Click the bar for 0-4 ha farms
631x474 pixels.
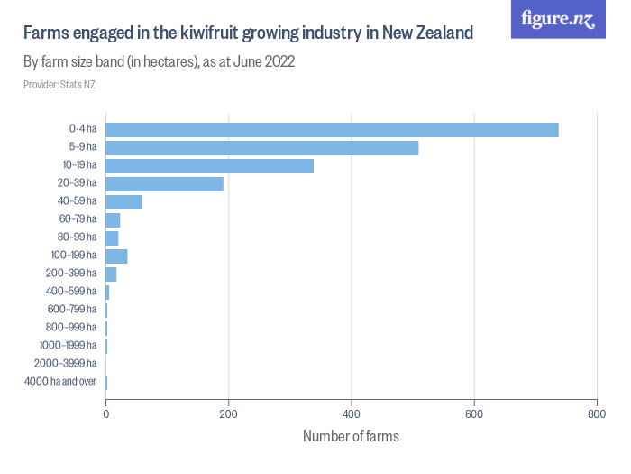(332, 130)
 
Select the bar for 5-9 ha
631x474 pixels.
(262, 148)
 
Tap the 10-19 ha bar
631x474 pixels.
(209, 166)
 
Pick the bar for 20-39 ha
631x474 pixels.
(164, 184)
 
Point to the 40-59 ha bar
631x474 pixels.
(124, 202)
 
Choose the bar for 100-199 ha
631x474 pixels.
(116, 256)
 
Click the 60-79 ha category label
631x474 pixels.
(78, 219)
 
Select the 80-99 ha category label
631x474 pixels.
(78, 237)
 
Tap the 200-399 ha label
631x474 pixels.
(72, 274)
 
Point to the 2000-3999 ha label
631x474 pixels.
(65, 364)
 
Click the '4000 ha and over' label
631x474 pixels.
(60, 382)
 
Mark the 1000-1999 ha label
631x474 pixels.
(68, 346)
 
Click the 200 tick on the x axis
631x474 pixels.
(229, 415)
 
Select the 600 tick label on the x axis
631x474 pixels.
(474, 415)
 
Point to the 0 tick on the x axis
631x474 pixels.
(106, 415)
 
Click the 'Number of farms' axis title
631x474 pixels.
(351, 436)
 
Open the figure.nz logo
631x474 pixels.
(558, 19)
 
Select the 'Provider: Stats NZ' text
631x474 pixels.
(59, 85)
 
